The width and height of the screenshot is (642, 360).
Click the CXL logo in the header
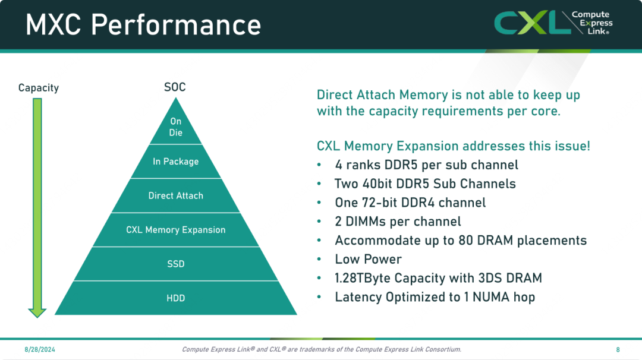(553, 23)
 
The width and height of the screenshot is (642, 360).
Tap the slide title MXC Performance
(143, 24)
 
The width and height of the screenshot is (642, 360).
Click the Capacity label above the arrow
(39, 88)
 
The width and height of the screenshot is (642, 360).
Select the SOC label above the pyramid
(175, 87)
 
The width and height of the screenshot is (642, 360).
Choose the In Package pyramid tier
(175, 162)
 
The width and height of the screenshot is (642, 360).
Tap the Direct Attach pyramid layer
(175, 195)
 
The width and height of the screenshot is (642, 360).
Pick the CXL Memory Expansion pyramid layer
(175, 230)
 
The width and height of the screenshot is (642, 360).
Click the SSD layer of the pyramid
(175, 264)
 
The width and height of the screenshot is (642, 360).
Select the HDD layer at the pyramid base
(175, 298)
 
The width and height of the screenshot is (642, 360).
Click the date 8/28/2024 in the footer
(40, 349)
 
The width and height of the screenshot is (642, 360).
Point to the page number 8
(618, 350)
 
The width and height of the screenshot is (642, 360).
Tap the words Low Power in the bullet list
(368, 260)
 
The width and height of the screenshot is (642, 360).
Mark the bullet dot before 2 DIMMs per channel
(319, 222)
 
